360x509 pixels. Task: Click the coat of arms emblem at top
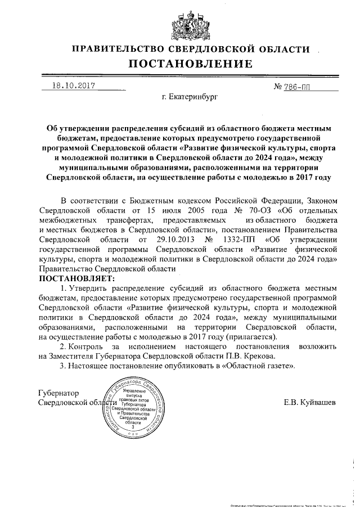pyautogui.click(x=179, y=21)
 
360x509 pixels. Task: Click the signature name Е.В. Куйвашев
pyautogui.click(x=310, y=403)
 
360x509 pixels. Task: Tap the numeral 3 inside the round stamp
pyautogui.click(x=133, y=427)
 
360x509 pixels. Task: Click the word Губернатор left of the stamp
pyautogui.click(x=58, y=393)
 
